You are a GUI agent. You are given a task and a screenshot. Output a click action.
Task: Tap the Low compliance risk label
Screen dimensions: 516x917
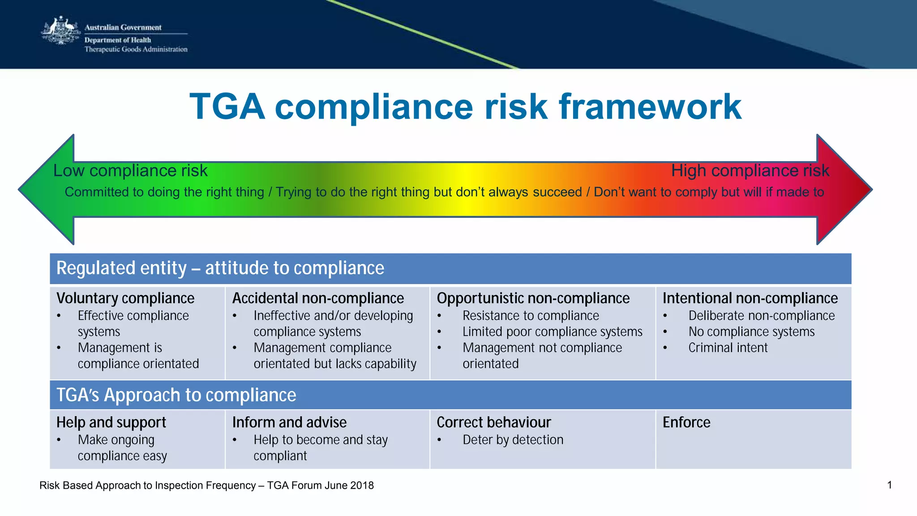pos(130,171)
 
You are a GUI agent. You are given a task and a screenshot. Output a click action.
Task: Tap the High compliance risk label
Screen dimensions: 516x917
pos(750,171)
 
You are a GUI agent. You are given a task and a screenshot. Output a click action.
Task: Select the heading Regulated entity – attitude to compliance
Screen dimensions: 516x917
pos(220,268)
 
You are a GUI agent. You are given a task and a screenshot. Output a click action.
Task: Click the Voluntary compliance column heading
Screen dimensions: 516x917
pos(125,298)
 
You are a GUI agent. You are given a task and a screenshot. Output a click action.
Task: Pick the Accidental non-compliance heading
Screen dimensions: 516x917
pos(318,298)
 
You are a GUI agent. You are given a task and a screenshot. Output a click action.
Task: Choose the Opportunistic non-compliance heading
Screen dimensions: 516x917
pos(533,298)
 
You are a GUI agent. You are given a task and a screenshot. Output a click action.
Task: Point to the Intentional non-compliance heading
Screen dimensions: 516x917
pos(750,298)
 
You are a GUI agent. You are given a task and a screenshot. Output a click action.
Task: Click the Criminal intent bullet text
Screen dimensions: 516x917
pos(728,348)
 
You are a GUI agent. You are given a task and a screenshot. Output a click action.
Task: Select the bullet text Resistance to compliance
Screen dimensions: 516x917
pos(531,316)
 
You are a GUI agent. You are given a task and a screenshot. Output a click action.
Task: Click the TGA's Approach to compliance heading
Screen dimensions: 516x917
pos(176,395)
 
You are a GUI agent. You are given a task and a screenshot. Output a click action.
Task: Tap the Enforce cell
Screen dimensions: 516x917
pos(686,422)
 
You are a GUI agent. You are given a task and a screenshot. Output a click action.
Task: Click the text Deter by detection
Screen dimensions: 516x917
pos(513,440)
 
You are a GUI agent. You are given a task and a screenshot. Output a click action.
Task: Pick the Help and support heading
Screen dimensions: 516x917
pos(111,422)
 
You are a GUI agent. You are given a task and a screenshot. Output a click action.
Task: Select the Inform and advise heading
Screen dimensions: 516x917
pos(289,422)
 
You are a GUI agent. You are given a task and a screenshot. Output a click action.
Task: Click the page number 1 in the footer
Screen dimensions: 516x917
pos(889,485)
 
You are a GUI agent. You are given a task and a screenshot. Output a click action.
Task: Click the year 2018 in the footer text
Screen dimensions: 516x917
pos(362,486)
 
